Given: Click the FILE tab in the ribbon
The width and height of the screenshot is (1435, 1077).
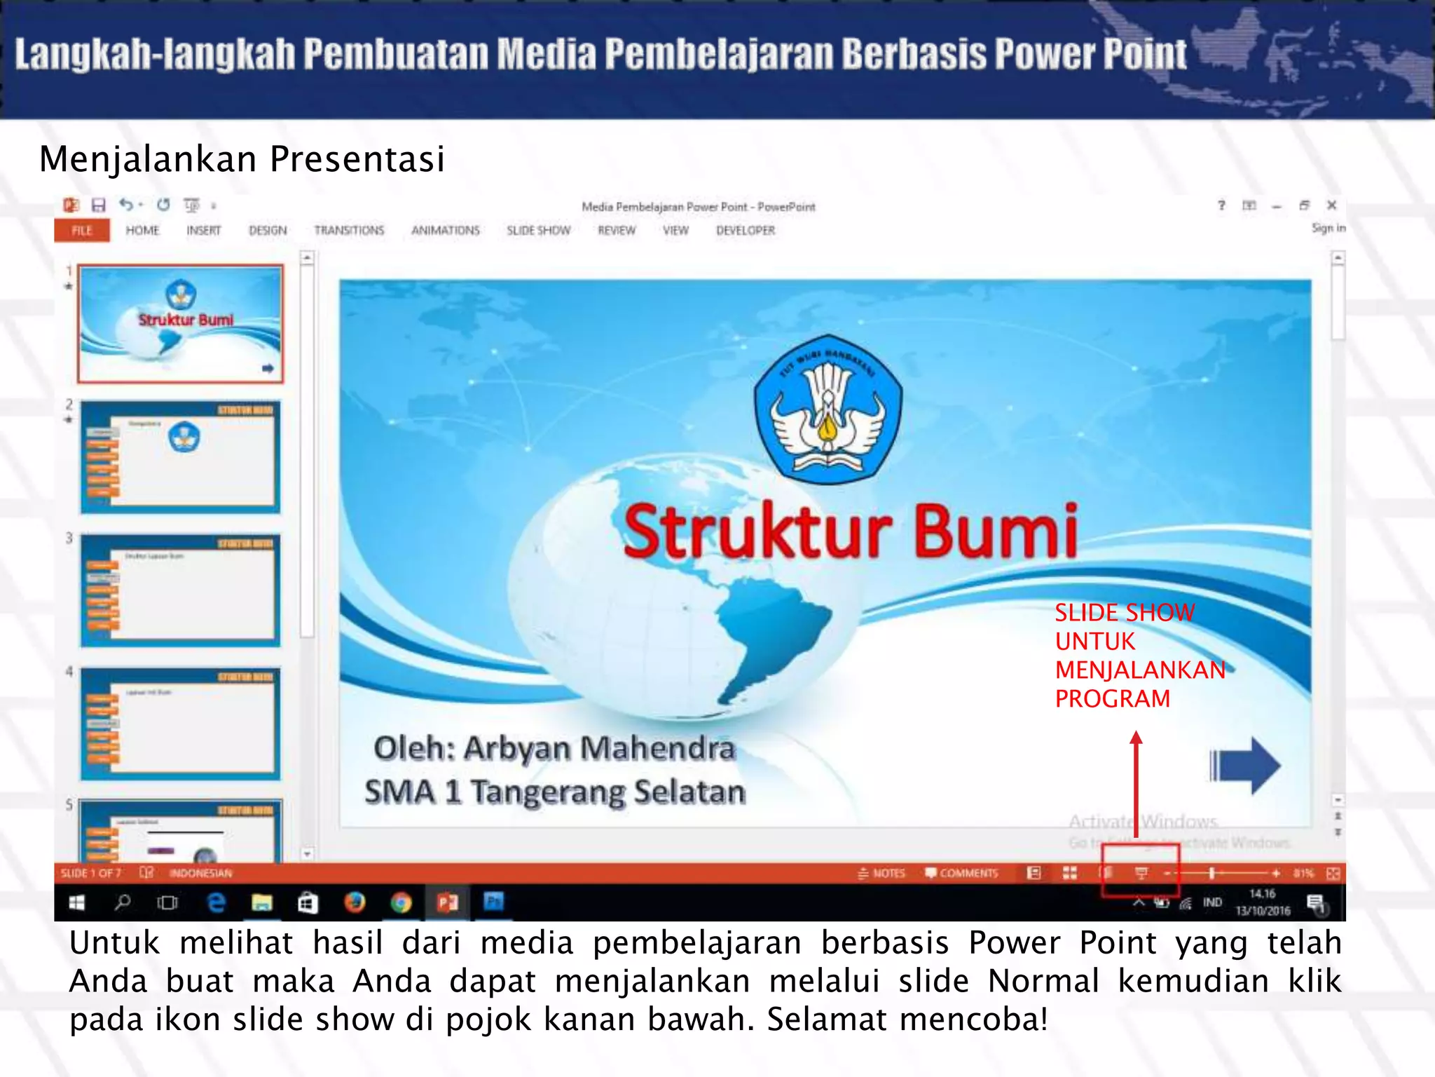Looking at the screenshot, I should pos(82,231).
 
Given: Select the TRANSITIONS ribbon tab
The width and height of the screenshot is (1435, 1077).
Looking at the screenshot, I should pos(349,231).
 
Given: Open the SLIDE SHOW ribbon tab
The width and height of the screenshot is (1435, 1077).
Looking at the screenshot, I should pos(538,231).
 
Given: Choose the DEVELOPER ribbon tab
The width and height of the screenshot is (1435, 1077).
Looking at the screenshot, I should pos(746,231).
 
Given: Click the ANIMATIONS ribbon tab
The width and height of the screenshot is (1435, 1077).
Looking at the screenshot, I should pos(446,231).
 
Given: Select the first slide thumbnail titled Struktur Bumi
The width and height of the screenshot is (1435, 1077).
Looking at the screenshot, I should pos(180,324).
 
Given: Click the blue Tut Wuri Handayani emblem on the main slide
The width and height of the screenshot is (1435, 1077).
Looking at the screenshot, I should pos(828,409).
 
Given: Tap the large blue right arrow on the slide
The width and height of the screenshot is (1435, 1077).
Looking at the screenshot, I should pos(1245,766).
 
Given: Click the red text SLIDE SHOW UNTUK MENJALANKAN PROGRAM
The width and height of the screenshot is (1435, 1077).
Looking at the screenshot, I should pos(1139,656).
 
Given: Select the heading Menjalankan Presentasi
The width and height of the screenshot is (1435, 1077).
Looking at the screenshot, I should pos(242,159).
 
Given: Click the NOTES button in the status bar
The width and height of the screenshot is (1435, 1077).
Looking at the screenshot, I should pos(881,873).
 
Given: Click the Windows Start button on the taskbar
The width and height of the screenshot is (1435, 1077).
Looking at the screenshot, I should pos(77,903).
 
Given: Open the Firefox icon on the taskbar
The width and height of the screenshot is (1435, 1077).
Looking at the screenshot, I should pos(355,902).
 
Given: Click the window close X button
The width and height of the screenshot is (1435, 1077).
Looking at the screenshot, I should pos(1331,205).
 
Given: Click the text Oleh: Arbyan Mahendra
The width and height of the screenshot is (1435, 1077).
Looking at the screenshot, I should pos(554,748).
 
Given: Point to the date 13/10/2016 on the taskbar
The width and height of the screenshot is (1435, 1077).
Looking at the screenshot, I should pos(1263,911).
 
